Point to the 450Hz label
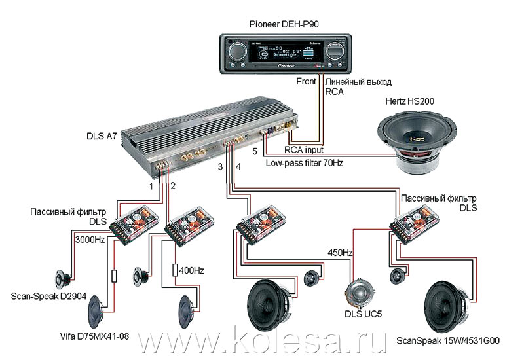[x=339, y=252]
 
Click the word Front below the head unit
[x=306, y=82]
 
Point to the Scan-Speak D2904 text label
[x=49, y=295]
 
